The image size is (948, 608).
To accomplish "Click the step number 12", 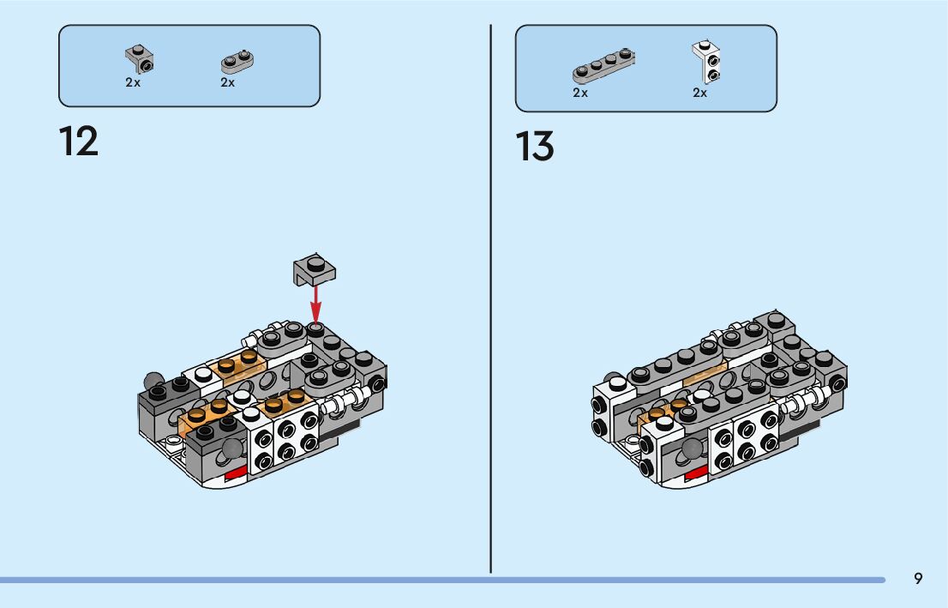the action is click(x=79, y=141).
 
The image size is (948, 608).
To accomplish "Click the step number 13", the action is click(x=535, y=147).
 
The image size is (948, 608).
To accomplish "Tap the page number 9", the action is click(x=918, y=579).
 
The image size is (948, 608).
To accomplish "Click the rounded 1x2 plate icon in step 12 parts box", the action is click(x=239, y=61).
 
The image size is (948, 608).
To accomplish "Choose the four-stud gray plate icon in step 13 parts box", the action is click(x=603, y=66).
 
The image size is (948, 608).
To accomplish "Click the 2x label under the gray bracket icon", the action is click(x=133, y=83).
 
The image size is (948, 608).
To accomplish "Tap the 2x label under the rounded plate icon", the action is click(x=227, y=83).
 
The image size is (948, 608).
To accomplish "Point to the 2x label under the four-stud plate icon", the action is click(x=580, y=93).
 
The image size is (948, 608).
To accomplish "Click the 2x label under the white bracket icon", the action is click(x=700, y=93).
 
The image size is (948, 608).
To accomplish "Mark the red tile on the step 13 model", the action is click(x=694, y=472).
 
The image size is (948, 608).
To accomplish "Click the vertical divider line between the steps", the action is click(x=490, y=300).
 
